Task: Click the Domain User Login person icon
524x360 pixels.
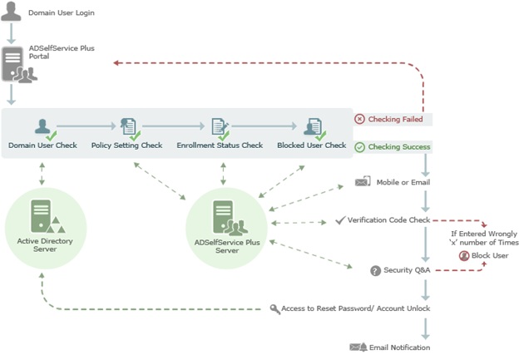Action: (x=11, y=12)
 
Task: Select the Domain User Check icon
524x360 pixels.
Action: (x=43, y=128)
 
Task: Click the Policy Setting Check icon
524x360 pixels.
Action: (x=128, y=128)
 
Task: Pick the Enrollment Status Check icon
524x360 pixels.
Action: (x=220, y=128)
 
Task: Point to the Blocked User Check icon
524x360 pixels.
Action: (x=312, y=128)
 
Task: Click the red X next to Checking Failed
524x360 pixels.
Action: (x=359, y=119)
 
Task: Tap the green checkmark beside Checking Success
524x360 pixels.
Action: (x=359, y=147)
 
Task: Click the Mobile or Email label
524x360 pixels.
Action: (x=403, y=182)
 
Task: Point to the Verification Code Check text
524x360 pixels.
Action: (x=388, y=220)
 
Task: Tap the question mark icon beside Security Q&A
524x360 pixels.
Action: (x=375, y=270)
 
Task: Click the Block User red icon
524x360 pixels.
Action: (x=463, y=255)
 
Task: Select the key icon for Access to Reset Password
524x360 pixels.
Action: (x=275, y=308)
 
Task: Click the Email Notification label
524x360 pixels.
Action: (x=401, y=347)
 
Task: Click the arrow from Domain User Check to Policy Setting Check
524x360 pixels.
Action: (x=86, y=126)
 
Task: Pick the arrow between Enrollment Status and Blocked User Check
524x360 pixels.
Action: (x=264, y=126)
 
